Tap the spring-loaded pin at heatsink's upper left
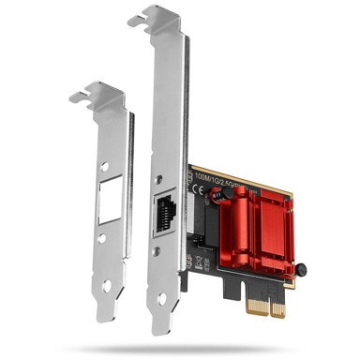click(216, 193)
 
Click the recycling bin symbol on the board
click(198, 208)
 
